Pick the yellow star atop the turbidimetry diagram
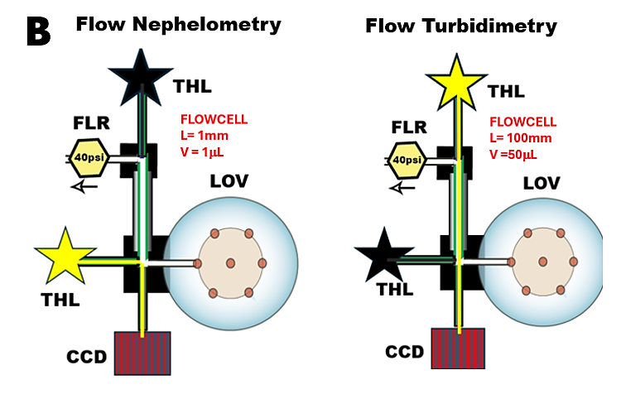pos(456,79)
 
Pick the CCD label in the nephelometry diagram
pos(87,358)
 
